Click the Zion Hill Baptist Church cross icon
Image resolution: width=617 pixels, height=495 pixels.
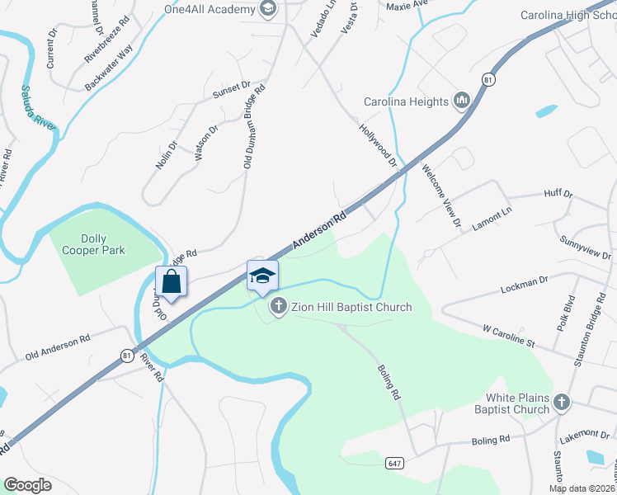[279, 307]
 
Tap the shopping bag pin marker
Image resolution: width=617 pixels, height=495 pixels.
[171, 281]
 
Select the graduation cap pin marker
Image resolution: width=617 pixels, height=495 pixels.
[262, 276]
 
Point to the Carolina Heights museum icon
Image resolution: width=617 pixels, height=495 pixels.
[461, 101]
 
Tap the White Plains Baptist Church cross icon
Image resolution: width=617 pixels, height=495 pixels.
[561, 403]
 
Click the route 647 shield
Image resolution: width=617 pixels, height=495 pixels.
[394, 464]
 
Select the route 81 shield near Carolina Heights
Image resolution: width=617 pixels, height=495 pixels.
[489, 79]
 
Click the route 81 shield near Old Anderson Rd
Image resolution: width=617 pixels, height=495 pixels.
[126, 356]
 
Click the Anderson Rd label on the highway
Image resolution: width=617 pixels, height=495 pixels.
[319, 229]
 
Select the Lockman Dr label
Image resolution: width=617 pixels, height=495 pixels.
[525, 285]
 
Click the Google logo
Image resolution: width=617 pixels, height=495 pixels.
[27, 484]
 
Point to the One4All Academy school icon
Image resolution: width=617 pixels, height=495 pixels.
[267, 8]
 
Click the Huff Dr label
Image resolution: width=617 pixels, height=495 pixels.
[558, 194]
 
